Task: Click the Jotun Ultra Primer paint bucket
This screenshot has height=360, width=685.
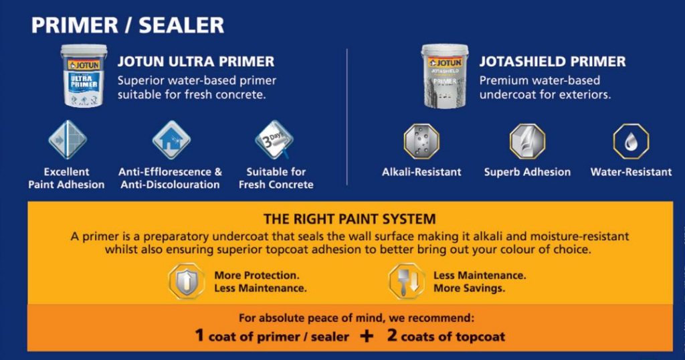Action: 84,76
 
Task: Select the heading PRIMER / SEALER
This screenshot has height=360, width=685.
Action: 127,25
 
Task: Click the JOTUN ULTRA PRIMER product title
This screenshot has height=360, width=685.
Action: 196,62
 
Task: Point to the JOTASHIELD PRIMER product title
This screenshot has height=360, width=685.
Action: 553,62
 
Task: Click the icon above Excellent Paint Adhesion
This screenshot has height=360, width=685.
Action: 67,140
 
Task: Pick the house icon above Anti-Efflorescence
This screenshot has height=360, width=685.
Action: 171,140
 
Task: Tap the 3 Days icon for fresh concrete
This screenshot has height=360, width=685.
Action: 274,140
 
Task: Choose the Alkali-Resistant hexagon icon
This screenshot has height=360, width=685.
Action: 421,141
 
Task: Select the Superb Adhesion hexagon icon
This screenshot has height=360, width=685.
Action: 527,141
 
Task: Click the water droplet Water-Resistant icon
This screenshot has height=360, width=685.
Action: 631,141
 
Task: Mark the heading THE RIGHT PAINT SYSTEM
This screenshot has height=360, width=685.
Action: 350,219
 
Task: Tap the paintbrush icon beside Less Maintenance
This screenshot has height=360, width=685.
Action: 407,281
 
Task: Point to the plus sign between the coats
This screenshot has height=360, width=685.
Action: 367,336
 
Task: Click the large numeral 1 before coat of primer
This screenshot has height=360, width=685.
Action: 199,335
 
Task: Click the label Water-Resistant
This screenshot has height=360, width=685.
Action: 631,172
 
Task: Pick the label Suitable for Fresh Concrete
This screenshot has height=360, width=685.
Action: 276,178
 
